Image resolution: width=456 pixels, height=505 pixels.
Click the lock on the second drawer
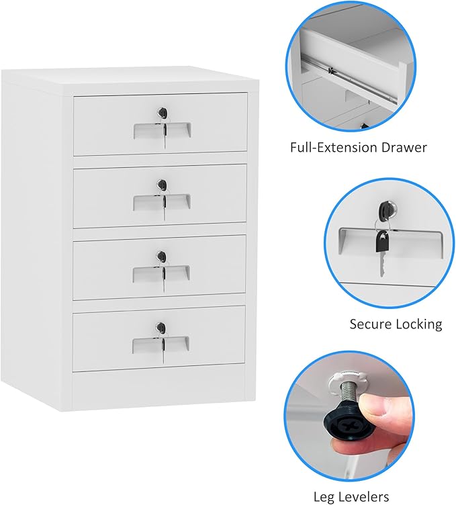[161, 183]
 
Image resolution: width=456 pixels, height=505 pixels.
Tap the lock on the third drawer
[161, 255]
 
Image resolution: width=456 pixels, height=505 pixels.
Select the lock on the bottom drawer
[161, 327]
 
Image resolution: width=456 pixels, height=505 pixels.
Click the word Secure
[371, 324]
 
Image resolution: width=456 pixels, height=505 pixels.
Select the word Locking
[420, 324]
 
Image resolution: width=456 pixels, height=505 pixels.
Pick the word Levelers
[378, 496]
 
